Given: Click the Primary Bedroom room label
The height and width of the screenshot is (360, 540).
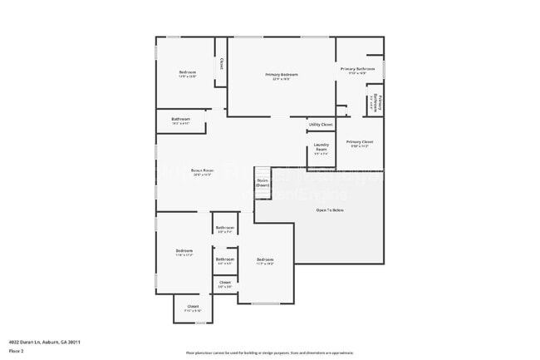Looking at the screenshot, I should [x=282, y=75].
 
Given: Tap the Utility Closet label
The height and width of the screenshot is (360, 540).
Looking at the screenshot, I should [x=321, y=125].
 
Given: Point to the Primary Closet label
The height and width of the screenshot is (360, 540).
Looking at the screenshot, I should [x=360, y=141].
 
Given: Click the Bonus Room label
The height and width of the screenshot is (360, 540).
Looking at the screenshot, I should [x=203, y=170].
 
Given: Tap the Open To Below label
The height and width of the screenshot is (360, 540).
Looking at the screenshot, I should [x=330, y=210].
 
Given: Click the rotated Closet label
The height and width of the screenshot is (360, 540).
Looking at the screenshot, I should [x=220, y=63].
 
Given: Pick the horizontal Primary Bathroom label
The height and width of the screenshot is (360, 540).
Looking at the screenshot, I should [x=358, y=68].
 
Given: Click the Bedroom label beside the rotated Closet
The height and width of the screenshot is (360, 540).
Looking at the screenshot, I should [x=187, y=72].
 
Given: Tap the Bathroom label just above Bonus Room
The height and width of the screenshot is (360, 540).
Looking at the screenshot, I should [x=181, y=119].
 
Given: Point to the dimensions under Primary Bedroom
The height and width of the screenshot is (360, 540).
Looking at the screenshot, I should [x=282, y=80].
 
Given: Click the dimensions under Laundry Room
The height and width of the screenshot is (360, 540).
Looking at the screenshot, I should [x=321, y=153].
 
